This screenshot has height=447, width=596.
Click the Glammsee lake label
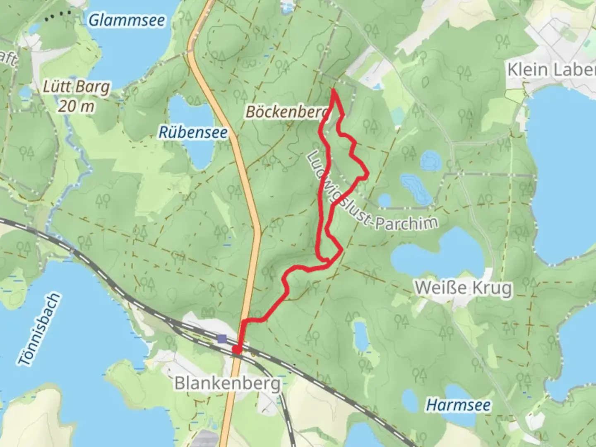(127, 20)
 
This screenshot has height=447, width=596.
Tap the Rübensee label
(193, 132)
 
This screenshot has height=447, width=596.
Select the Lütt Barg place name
(77, 87)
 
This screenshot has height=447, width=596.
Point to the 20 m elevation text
(76, 106)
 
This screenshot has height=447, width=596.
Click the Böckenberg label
(287, 112)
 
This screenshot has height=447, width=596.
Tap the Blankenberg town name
(227, 383)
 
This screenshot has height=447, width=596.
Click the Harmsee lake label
(459, 405)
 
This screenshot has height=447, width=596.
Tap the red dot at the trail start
(236, 350)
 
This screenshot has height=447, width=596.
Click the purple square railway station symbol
(222, 339)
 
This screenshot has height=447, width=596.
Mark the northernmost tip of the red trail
(333, 89)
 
